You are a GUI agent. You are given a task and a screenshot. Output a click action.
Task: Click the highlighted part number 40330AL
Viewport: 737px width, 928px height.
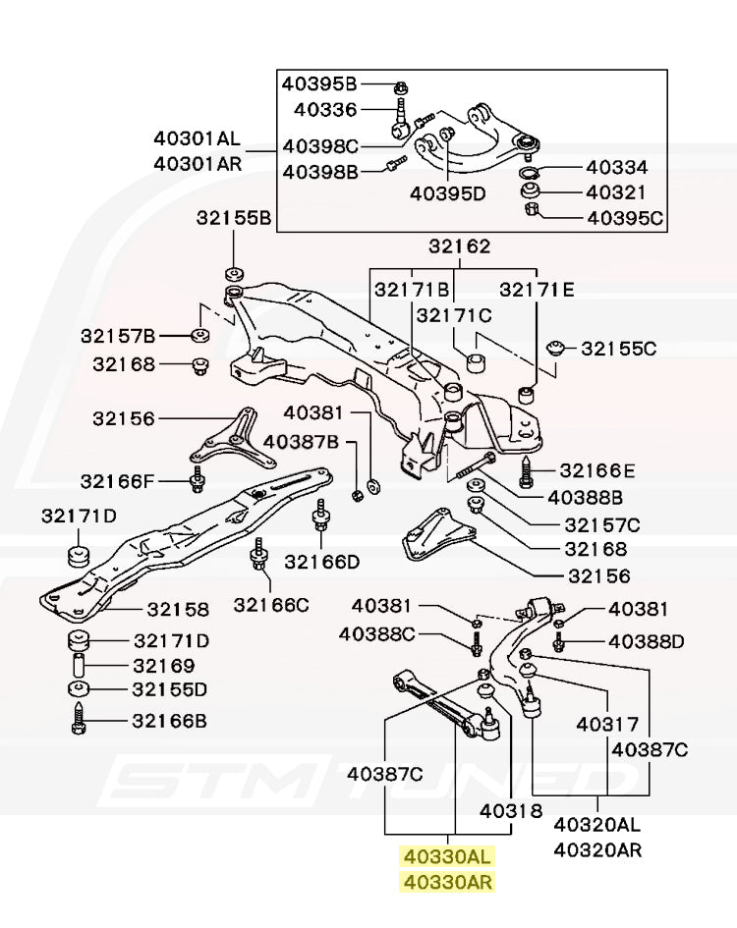(x=445, y=856)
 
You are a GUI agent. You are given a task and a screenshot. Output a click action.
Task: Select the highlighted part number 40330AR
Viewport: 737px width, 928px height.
(x=445, y=882)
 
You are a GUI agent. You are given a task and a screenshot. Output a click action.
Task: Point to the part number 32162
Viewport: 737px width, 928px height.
(x=459, y=246)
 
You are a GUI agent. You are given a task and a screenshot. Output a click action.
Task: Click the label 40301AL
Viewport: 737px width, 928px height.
(x=197, y=139)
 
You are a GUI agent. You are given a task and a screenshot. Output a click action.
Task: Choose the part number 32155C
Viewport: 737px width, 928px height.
(x=618, y=348)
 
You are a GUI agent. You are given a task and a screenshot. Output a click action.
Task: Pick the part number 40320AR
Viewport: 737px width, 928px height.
(x=597, y=849)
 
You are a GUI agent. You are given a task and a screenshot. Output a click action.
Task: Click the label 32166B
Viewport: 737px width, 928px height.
(x=170, y=722)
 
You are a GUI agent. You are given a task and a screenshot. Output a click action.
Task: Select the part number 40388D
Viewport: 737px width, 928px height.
(x=645, y=641)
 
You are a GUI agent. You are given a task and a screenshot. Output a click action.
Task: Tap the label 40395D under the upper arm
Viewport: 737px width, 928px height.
(x=448, y=193)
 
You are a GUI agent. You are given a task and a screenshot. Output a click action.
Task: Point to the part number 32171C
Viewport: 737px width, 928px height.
(x=453, y=315)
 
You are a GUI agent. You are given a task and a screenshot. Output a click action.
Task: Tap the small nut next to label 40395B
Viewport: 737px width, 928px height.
(x=402, y=85)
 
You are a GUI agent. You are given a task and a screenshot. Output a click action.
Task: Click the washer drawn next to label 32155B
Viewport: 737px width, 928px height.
(x=235, y=272)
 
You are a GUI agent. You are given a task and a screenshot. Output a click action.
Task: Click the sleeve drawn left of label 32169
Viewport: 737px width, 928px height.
(x=79, y=666)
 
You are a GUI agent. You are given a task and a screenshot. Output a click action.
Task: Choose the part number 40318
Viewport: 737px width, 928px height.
(x=511, y=811)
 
